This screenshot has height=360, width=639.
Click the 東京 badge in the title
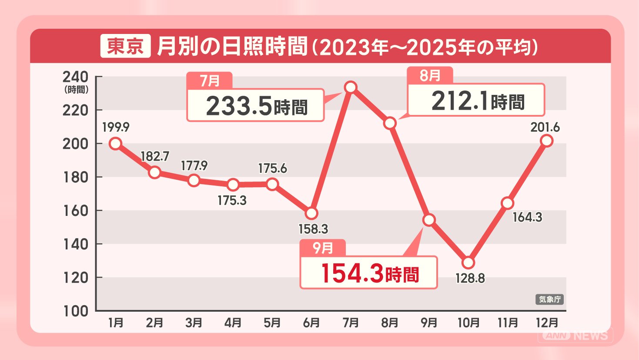click(125, 46)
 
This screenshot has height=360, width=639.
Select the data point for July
click(351, 87)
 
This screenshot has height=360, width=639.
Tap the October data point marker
click(468, 262)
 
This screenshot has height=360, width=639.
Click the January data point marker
click(116, 143)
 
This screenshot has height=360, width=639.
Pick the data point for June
click(311, 213)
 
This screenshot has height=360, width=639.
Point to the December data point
click(547, 141)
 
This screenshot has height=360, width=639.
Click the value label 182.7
click(155, 156)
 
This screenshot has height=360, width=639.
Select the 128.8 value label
click(470, 278)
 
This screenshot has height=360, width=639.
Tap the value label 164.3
click(527, 217)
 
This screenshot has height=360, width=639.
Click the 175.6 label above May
click(272, 168)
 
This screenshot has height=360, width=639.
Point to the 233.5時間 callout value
click(257, 106)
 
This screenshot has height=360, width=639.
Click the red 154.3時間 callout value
click(370, 274)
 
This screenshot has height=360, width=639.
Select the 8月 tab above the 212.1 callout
click(430, 75)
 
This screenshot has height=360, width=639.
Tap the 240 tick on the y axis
click(75, 77)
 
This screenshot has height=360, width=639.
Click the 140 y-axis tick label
click(75, 244)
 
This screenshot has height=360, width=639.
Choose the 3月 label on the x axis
click(194, 323)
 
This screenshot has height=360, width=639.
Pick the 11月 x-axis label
click(508, 323)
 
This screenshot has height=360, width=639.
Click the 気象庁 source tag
click(549, 299)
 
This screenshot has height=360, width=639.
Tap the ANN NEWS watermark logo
click(575, 336)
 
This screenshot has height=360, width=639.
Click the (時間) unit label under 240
click(76, 90)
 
